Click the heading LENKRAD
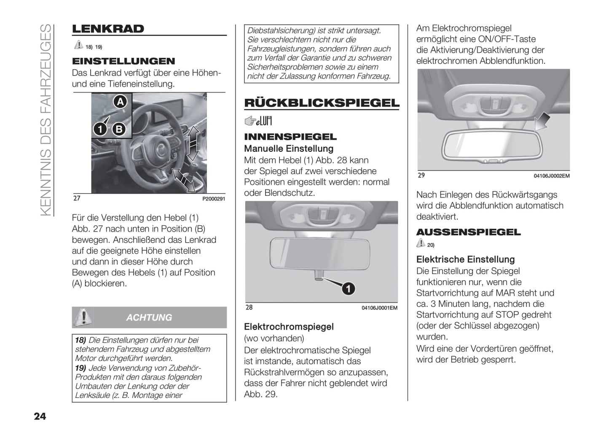pos(108,29)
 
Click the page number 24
pos(40,416)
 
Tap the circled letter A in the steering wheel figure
pos(120,102)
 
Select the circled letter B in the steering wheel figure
pos(119,129)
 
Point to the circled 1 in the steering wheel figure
pos(100,129)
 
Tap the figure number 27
pos(77,198)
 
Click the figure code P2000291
pos(214,199)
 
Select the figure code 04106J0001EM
pos(379,308)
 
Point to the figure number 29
pos(421,175)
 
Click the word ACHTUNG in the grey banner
pos(149,317)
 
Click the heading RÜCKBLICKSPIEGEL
pos(322,103)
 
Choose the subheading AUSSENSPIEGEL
pos(468,232)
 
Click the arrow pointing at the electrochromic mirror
pos(544,122)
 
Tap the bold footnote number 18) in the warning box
pos(80,340)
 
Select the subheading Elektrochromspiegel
pos(289,327)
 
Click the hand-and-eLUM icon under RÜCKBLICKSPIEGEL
pos(258,121)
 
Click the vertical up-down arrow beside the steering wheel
pos(193,143)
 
